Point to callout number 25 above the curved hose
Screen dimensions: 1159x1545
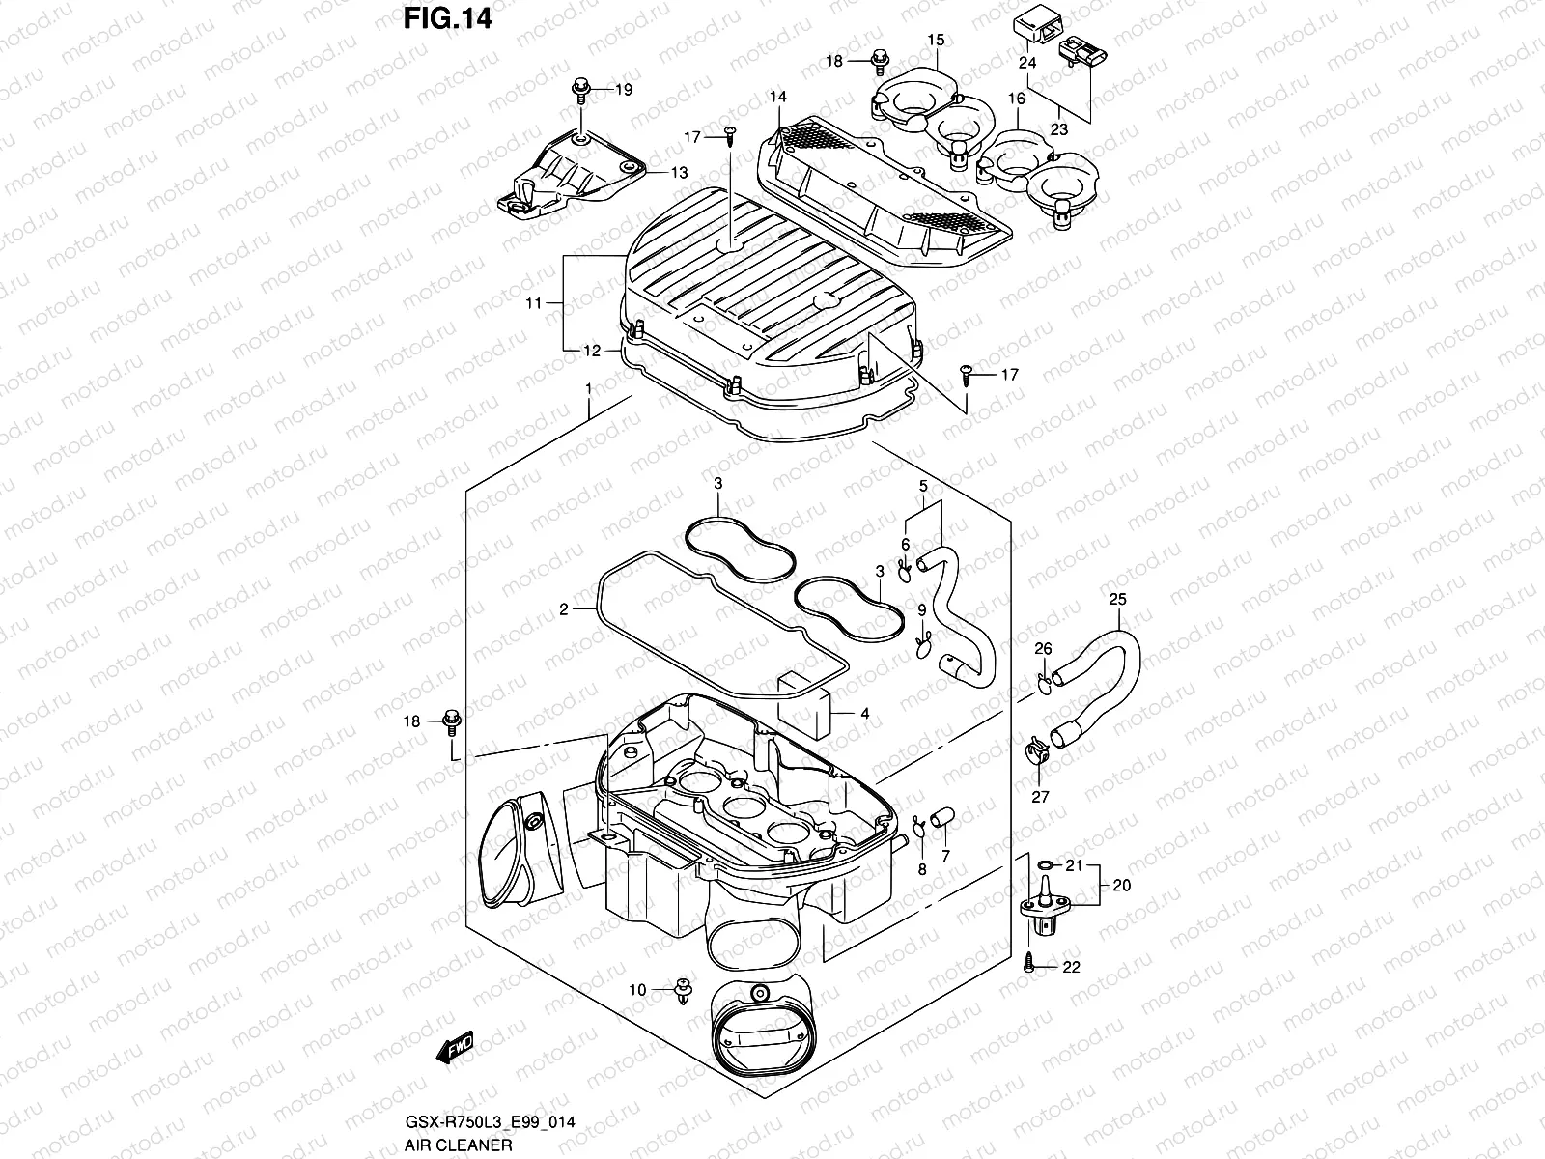[x=1116, y=600]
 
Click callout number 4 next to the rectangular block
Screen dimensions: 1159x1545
[x=865, y=714]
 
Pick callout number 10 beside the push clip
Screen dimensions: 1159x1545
[x=637, y=990]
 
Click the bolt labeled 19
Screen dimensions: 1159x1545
[x=582, y=89]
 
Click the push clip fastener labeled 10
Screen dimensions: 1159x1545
[x=685, y=992]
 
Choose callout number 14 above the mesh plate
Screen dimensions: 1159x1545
[x=778, y=97]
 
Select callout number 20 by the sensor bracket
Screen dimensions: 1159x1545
[x=1122, y=885]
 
